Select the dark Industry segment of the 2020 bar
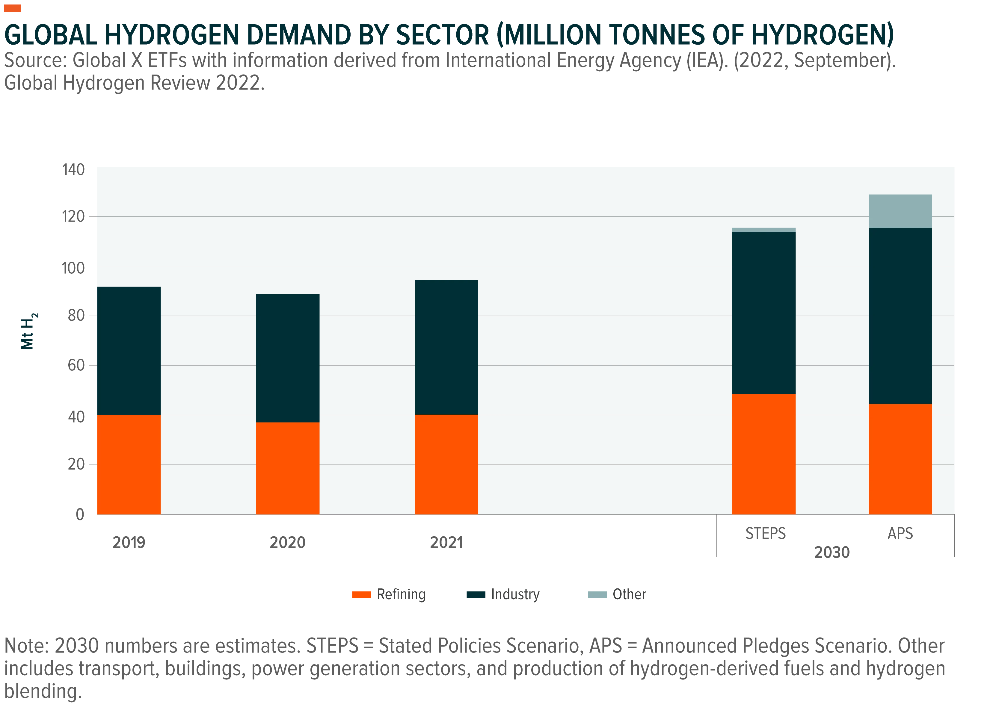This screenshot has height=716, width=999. pos(288,358)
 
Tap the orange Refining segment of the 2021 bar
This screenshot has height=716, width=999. pos(446,464)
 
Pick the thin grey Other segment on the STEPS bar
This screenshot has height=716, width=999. pos(764,230)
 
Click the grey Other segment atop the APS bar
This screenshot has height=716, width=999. pos(900,211)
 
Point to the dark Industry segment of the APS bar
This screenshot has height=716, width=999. pos(900,316)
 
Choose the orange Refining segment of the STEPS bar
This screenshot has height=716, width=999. pos(764,454)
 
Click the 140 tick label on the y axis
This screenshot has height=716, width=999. pos(73,169)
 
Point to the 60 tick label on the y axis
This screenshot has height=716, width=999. pos(76,365)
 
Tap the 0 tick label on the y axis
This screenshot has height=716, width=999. pos(80,514)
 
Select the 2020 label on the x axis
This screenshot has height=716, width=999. pos(288,542)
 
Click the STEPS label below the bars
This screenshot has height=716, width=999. pos(766,533)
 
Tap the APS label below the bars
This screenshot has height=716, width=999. pos(900,533)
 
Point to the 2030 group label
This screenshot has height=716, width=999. pos(832,552)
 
